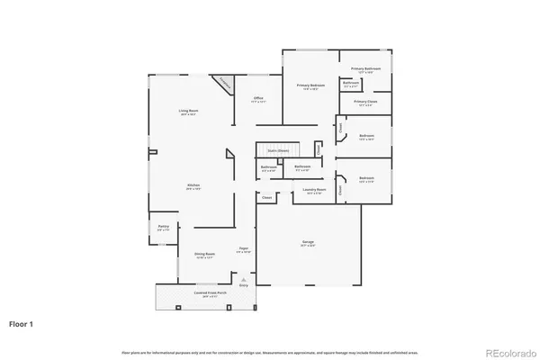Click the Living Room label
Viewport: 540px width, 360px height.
click(187, 112)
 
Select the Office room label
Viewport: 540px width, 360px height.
click(257, 99)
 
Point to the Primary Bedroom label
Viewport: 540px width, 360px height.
click(310, 86)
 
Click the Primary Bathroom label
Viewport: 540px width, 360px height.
click(366, 69)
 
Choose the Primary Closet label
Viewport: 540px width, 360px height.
click(365, 103)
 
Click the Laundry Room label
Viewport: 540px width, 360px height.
click(314, 190)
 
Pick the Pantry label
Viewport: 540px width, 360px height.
click(163, 227)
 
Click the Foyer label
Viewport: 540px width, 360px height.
click(243, 249)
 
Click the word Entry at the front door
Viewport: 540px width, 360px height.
click(243, 285)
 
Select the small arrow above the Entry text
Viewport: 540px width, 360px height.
click(243, 279)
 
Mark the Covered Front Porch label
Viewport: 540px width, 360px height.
click(205, 295)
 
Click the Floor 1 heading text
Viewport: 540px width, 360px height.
click(22, 321)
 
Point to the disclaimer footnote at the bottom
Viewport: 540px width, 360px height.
click(269, 350)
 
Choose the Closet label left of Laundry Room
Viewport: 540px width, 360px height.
click(266, 196)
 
